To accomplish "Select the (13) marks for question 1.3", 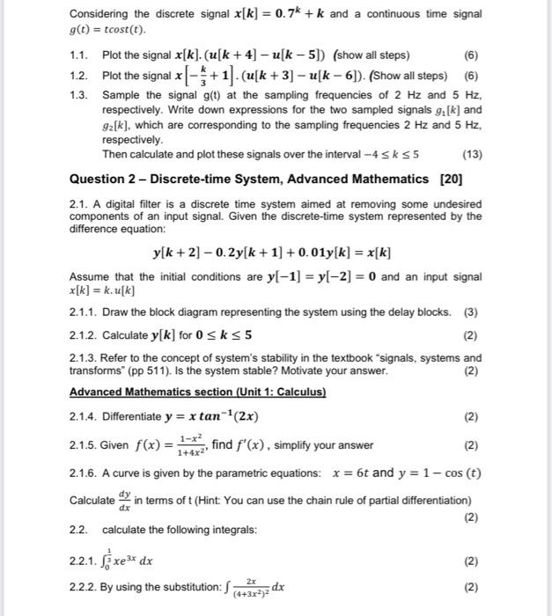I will coord(472,156).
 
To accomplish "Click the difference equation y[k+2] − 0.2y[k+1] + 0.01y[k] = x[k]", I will coord(272,253).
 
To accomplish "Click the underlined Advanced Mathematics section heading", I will coord(197,392).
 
